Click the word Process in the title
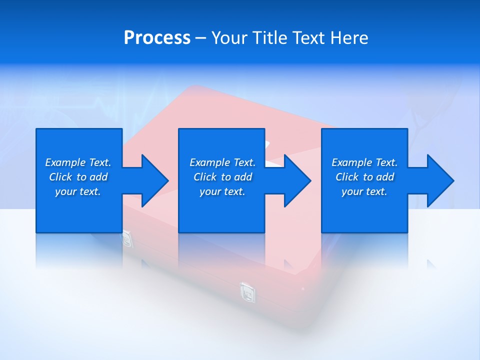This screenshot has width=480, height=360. pos(157,38)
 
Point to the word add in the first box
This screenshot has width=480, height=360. pos(98,177)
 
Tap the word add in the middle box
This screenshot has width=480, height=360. pos(243,177)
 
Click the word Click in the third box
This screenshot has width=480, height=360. pos(347,177)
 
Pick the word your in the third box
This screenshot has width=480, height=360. pos(352,191)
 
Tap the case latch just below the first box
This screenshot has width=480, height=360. pos(128,239)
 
